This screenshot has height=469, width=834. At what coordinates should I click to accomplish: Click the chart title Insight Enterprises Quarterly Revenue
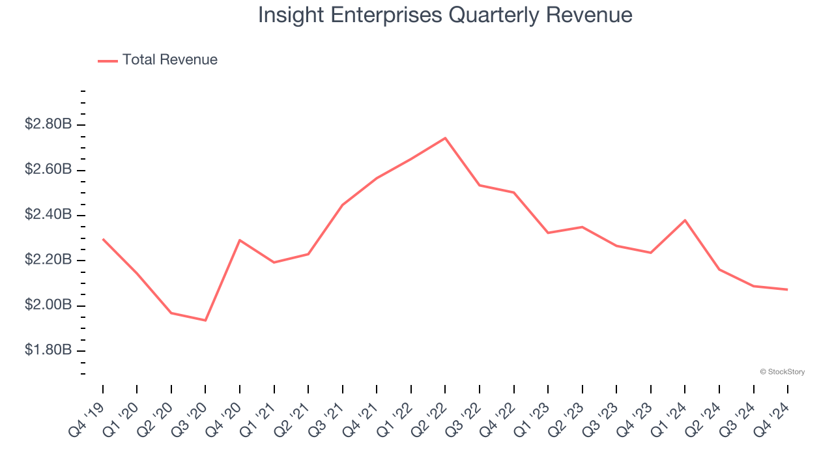445,15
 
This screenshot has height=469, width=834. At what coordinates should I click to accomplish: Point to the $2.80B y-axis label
48,124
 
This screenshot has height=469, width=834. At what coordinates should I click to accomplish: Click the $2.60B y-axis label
48,170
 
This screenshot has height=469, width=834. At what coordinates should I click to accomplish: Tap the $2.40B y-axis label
48,215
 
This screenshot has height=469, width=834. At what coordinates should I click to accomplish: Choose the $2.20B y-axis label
48,261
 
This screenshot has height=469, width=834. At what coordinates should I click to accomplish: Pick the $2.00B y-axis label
48,306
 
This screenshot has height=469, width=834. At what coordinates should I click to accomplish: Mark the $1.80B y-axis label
48,350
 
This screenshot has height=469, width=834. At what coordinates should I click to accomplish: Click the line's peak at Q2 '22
445,138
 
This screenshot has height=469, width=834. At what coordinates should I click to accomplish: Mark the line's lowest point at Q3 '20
205,320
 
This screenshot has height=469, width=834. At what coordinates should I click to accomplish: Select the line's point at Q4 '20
240,240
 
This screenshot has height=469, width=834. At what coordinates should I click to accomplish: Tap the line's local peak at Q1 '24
685,220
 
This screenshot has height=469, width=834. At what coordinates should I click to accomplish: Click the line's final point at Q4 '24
787,289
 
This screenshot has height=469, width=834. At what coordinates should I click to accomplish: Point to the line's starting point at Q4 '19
103,239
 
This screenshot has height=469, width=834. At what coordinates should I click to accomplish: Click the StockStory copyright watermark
782,372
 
